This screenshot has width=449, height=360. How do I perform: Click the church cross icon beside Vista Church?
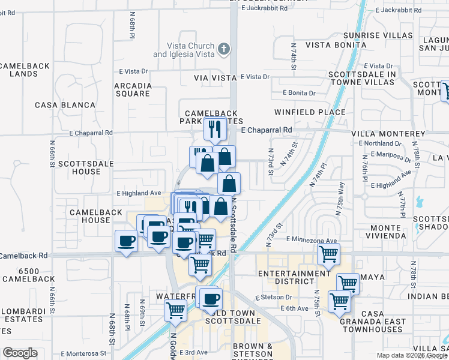coord(223,49)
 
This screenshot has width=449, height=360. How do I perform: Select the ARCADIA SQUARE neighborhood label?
coord(133,89)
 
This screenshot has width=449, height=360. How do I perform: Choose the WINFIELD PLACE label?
coord(310,112)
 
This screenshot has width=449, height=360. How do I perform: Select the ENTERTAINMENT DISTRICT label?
coord(286,278)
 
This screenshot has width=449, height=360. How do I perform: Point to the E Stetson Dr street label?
coord(273,297)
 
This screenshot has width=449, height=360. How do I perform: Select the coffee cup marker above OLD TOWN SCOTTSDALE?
coord(211,299)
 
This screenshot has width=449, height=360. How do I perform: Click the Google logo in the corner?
coord(20,353)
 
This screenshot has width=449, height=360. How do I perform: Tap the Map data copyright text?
coord(412,355)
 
